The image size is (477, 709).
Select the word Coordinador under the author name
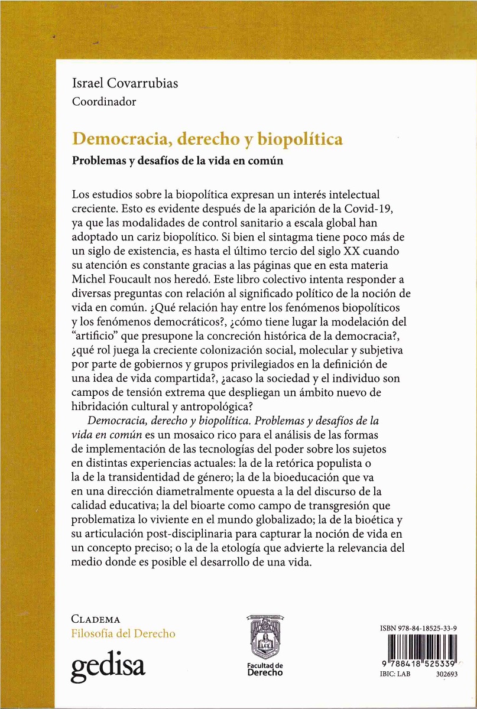[x=103, y=101]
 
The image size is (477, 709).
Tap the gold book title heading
[x=207, y=140]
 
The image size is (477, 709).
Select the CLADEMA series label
[x=95, y=620]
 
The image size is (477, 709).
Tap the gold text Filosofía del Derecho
[x=123, y=633]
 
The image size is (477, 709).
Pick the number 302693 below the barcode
[x=445, y=672]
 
